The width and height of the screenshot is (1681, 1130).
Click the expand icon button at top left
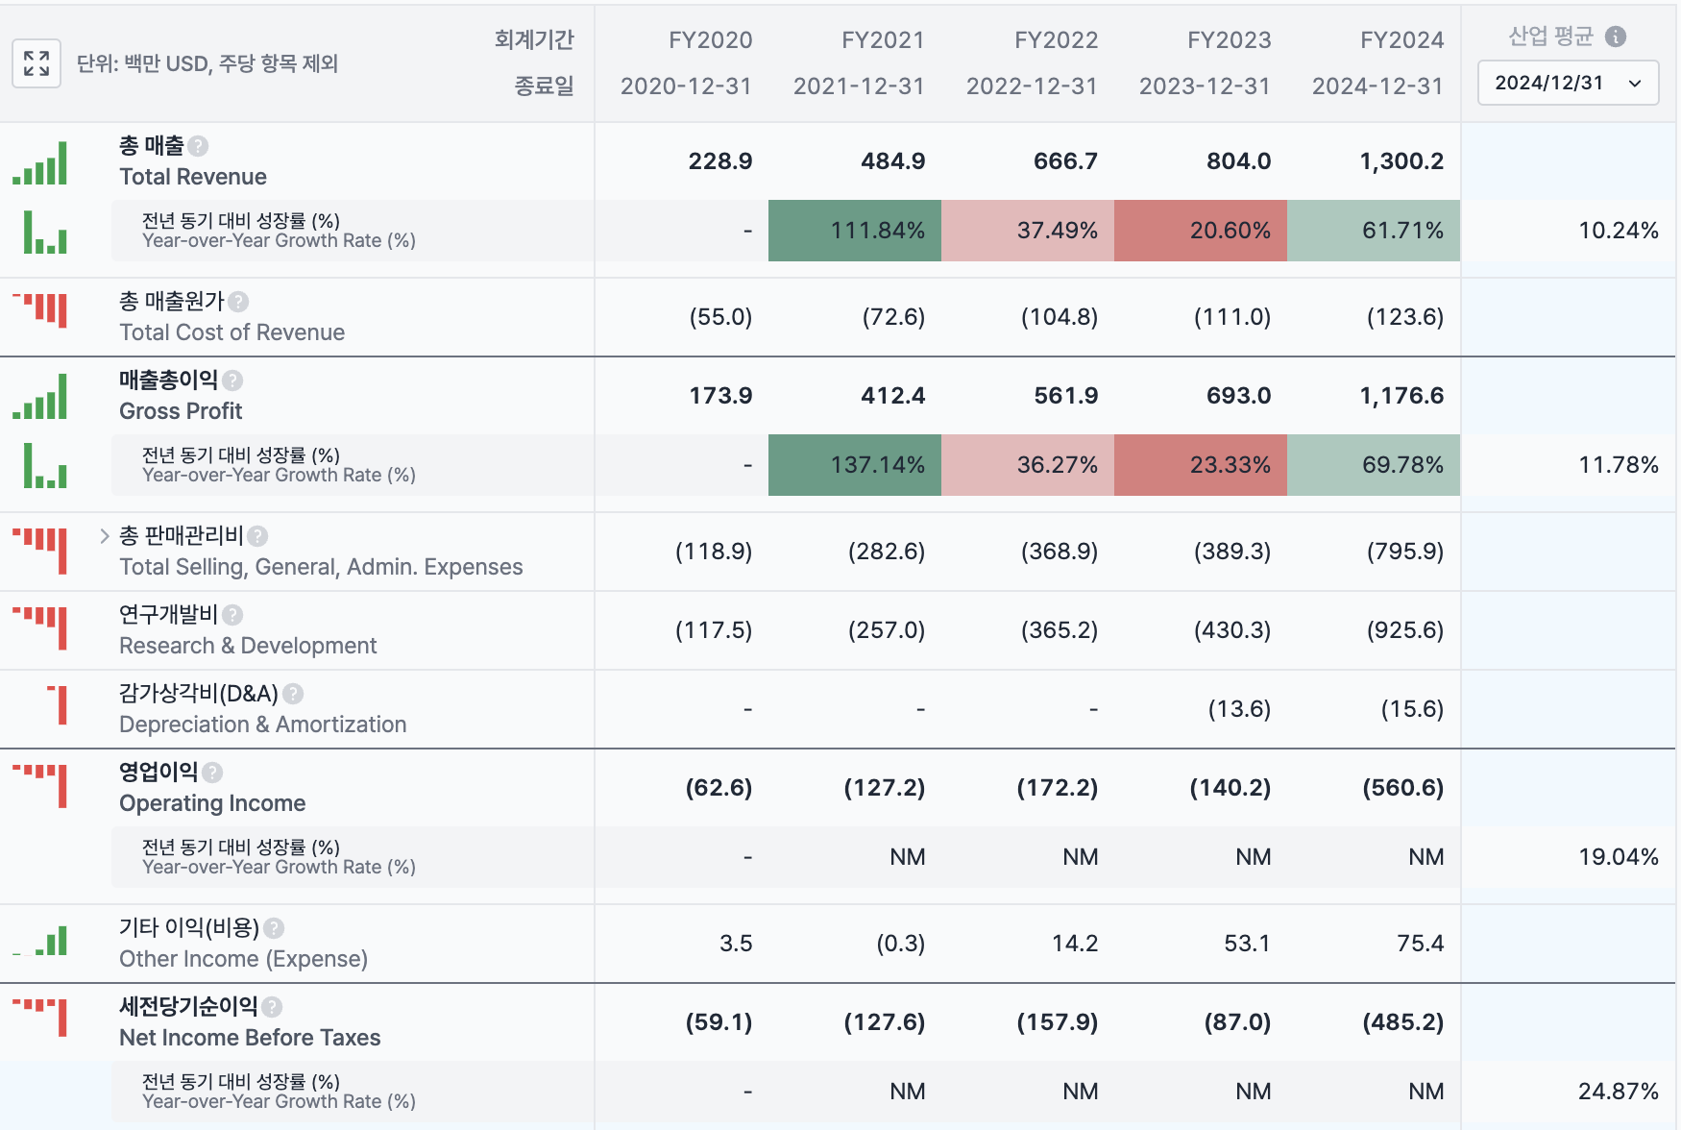37,63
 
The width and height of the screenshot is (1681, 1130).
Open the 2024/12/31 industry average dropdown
1568,83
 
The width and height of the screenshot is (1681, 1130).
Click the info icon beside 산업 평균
1616,37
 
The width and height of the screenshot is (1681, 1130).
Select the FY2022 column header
1056,40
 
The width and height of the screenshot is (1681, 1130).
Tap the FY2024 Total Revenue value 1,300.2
1401,161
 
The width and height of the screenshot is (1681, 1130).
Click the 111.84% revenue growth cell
855,231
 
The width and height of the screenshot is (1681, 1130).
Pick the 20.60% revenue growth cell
1201,231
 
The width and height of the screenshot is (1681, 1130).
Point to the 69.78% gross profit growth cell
1374,465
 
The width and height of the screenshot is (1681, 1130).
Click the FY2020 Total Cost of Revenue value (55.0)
720,317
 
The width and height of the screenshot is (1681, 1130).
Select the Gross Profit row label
181,411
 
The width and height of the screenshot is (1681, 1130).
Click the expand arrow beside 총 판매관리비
105,536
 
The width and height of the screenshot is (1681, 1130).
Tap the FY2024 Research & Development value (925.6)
1405,630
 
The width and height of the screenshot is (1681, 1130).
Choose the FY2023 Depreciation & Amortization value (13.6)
1239,709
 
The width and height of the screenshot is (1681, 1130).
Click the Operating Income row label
212,803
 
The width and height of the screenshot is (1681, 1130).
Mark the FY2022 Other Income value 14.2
1075,944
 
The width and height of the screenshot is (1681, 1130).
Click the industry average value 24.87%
1619,1092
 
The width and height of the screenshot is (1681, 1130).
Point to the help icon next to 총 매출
198,146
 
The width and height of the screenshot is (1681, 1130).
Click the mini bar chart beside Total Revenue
39,163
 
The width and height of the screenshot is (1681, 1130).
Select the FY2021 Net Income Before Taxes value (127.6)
884,1022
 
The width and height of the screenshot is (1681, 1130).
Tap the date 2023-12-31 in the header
1205,86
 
